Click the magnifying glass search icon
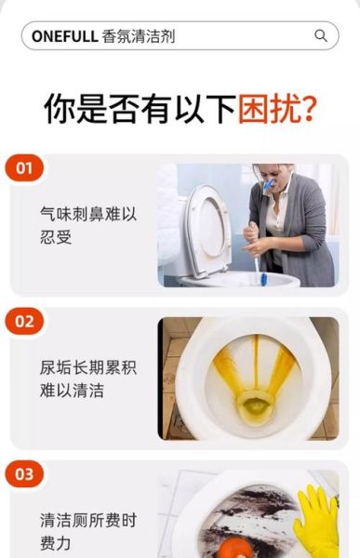coord(321,36)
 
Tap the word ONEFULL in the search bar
coord(65,36)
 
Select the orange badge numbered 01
coord(24,168)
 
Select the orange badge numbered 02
coord(24,322)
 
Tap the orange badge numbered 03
coord(24,474)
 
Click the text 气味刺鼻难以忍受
coord(88,226)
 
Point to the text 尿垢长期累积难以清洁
coord(88,379)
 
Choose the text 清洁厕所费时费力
coord(88,531)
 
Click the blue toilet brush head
coord(263,277)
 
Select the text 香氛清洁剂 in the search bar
coord(138,36)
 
